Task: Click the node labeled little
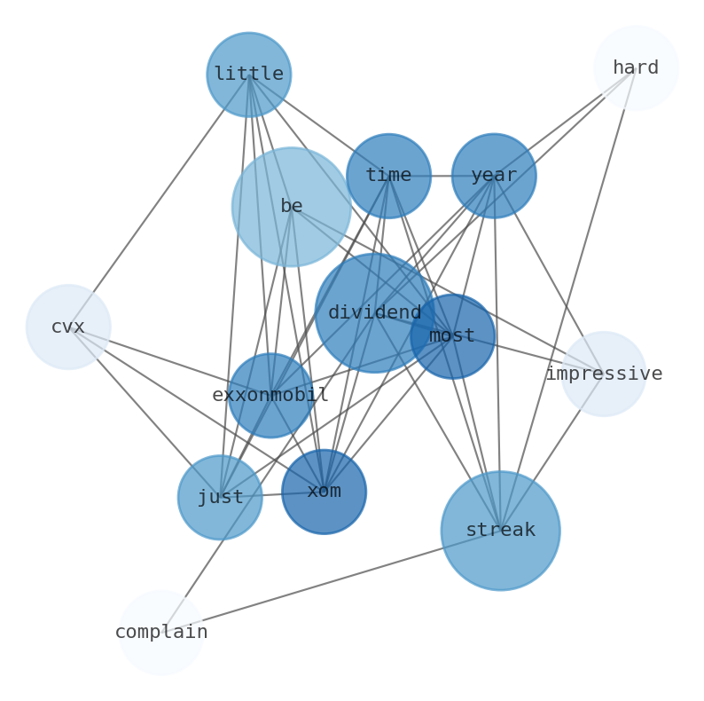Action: [x=249, y=75]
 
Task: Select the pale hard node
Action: [x=636, y=68]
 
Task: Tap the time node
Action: [x=388, y=176]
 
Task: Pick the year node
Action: [x=494, y=176]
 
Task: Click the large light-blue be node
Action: [x=292, y=207]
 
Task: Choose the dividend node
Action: [x=375, y=313]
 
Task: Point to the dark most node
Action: [x=452, y=336]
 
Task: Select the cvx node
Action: [x=68, y=327]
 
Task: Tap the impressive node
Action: [x=604, y=374]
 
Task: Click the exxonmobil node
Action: [x=270, y=396]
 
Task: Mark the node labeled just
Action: [x=220, y=498]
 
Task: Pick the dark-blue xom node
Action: [x=324, y=492]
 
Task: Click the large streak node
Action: [x=501, y=531]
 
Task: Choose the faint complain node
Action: [x=160, y=633]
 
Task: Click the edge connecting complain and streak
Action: [x=331, y=581]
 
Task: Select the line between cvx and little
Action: [x=159, y=201]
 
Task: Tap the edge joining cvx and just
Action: [x=144, y=412]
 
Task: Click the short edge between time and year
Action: [x=442, y=176]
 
